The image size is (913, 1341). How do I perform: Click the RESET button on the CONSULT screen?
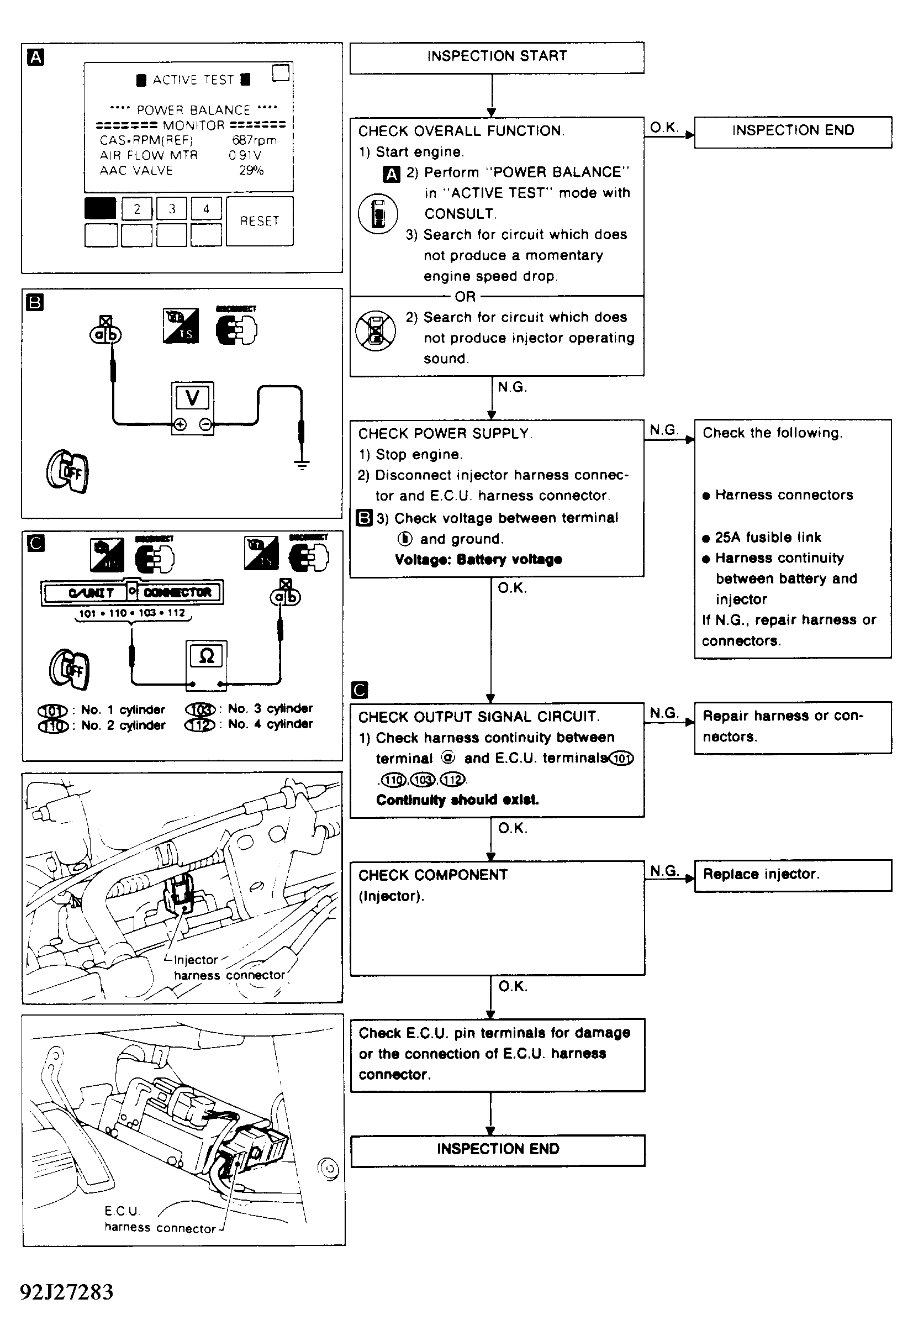click(x=260, y=221)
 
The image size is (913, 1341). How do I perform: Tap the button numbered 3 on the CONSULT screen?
click(x=172, y=209)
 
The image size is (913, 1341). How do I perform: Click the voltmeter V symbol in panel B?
click(x=193, y=398)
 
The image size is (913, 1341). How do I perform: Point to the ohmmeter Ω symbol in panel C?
click(x=206, y=656)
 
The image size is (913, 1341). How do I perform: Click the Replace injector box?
click(x=793, y=875)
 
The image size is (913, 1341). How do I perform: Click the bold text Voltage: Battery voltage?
click(x=478, y=560)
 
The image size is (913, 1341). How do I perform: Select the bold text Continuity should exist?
click(x=457, y=800)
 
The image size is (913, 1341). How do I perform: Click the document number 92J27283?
click(x=67, y=1292)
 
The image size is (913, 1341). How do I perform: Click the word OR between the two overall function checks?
click(x=465, y=297)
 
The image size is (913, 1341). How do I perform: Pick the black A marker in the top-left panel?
click(x=36, y=57)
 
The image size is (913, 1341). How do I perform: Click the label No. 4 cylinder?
click(x=270, y=724)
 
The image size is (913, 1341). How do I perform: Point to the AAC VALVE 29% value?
click(x=251, y=171)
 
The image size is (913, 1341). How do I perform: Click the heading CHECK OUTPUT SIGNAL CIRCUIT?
click(x=479, y=717)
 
